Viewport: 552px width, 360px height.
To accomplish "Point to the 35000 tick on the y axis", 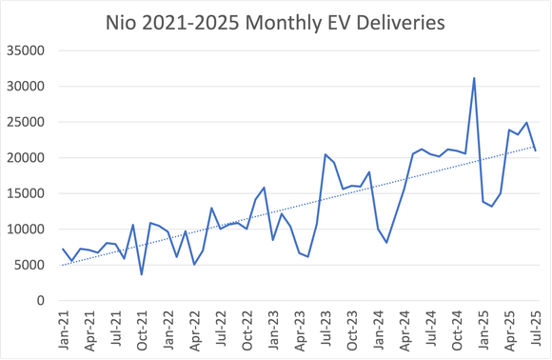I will coord(29,50).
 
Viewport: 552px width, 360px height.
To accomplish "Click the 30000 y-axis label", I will coord(29,87).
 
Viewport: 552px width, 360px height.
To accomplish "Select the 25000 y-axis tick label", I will coord(29,122).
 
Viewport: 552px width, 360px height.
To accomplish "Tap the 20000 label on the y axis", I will coord(29,158).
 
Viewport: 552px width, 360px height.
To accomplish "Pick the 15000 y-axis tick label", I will coord(29,193).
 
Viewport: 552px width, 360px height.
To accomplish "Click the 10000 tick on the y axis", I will coord(29,230).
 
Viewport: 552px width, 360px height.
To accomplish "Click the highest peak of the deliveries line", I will coord(474,78).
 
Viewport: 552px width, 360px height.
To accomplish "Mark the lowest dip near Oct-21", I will coord(142,275).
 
